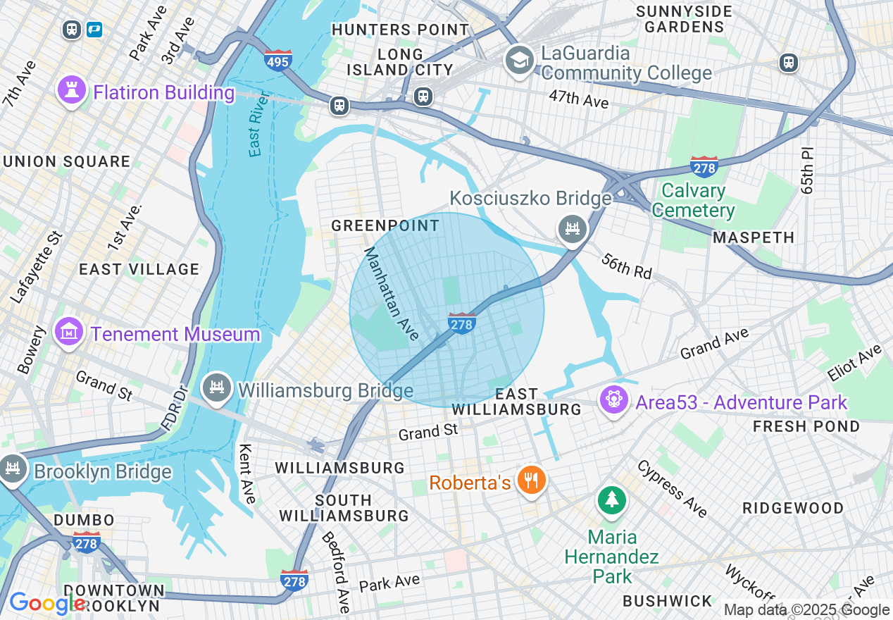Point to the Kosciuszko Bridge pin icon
[x=573, y=228]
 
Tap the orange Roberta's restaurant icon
[x=532, y=481]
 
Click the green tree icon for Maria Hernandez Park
[x=612, y=501]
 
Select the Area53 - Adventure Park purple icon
[x=613, y=400]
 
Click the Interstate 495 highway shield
[x=279, y=61]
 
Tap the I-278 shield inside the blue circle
[x=461, y=323]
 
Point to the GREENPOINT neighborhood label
[x=385, y=226]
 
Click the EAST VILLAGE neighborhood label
[x=139, y=269]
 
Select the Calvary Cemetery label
[x=693, y=201]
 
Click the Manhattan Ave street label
[x=392, y=290]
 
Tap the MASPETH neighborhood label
[x=754, y=238]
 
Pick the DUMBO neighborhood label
[x=84, y=520]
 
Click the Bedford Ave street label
[x=336, y=571]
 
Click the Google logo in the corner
[x=48, y=603]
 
